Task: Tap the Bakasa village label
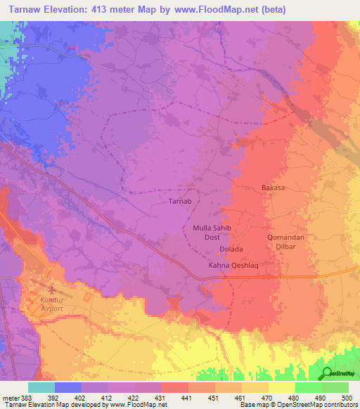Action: [271, 188]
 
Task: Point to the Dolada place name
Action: [230, 249]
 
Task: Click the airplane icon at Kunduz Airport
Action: [50, 290]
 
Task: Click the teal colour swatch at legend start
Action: [41, 387]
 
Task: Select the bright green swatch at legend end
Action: [335, 387]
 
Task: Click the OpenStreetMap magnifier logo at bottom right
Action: [328, 373]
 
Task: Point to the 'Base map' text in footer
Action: [256, 405]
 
